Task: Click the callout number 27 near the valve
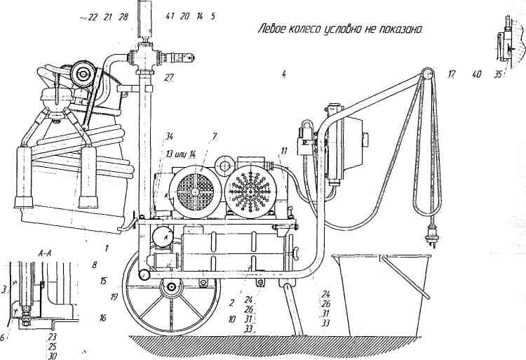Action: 169,78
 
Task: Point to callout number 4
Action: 283,74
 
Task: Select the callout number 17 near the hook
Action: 452,73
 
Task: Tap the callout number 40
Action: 476,73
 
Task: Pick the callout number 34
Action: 168,135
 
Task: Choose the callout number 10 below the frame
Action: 232,318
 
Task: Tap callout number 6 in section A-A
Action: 5,336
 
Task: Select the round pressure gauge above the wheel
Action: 164,236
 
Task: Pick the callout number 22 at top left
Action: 92,17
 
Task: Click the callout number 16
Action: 103,318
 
